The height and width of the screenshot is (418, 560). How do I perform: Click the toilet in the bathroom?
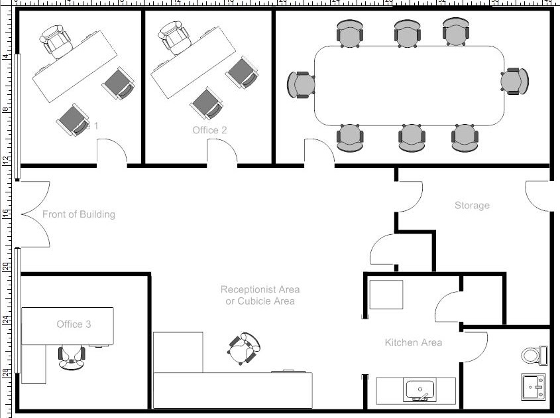click(x=533, y=356)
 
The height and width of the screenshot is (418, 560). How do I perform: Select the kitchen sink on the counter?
click(x=420, y=390)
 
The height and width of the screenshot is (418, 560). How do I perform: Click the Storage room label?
click(x=472, y=206)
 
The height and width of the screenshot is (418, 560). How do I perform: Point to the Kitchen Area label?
click(x=413, y=342)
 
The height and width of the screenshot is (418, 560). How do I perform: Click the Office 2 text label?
click(x=209, y=130)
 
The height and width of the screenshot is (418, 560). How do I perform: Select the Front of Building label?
click(x=78, y=214)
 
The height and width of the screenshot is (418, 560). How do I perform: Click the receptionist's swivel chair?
click(x=244, y=348)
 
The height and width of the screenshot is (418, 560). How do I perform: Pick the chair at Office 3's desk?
click(x=72, y=356)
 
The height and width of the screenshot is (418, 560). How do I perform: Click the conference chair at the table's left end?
click(x=301, y=85)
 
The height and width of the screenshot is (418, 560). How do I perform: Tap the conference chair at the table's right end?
click(x=515, y=81)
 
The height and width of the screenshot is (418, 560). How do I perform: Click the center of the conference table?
click(x=408, y=85)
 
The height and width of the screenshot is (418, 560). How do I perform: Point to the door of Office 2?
click(x=223, y=153)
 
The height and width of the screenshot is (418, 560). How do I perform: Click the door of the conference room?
click(x=319, y=153)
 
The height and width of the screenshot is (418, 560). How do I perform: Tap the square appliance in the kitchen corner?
click(x=386, y=295)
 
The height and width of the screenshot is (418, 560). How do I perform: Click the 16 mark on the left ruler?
click(x=5, y=214)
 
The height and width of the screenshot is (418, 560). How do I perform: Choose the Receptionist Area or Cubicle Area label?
click(x=260, y=295)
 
